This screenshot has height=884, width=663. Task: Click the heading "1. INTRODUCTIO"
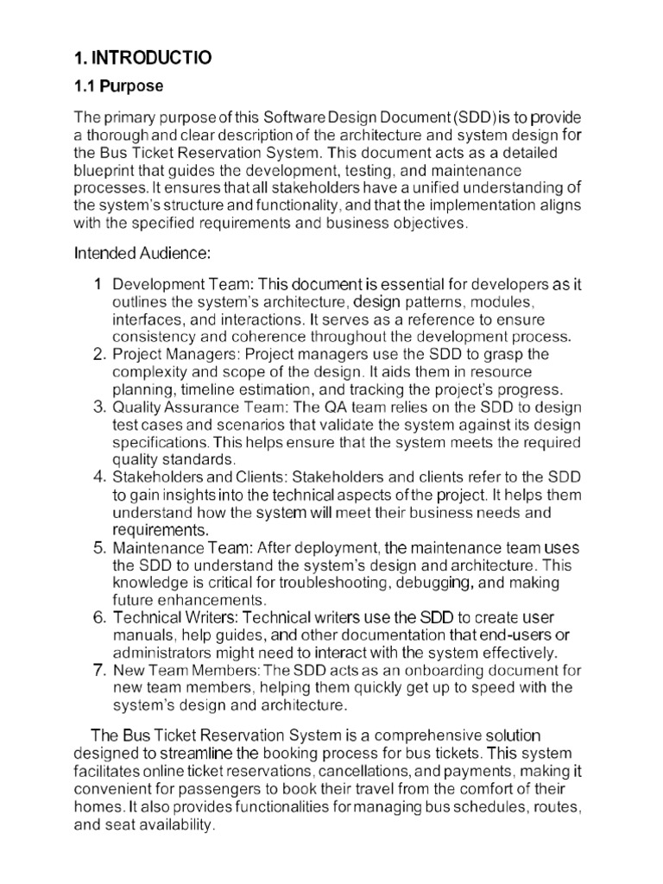tap(142, 58)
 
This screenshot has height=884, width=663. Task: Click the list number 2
tap(98, 355)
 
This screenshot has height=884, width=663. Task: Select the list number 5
tap(98, 548)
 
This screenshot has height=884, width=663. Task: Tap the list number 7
tap(98, 670)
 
